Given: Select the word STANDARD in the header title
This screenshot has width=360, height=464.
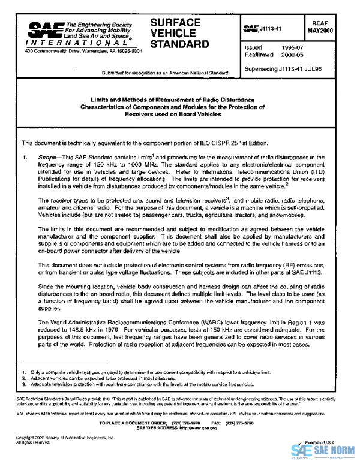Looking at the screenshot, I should tap(179, 44).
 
